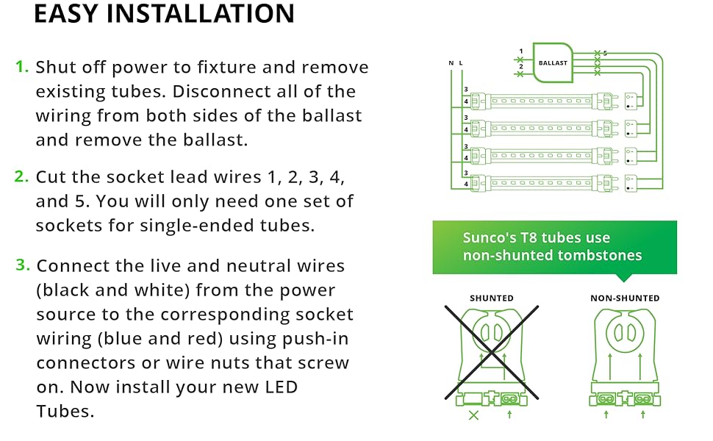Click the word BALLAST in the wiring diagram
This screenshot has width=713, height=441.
tap(553, 63)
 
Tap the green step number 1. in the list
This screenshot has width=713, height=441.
tap(22, 67)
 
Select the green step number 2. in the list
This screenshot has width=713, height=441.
tap(22, 176)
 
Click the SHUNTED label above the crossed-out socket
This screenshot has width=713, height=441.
tap(492, 298)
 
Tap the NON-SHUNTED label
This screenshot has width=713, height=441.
tap(625, 298)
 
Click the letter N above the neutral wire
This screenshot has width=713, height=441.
tap(451, 64)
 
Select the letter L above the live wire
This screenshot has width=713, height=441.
tap(461, 64)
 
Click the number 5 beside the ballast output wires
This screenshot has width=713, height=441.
tap(605, 54)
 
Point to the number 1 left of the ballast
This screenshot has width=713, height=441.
tap(521, 51)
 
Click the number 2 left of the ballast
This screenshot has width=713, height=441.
tap(521, 66)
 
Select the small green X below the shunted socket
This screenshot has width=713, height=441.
tap(473, 415)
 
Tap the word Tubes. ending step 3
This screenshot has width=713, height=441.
tap(65, 411)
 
